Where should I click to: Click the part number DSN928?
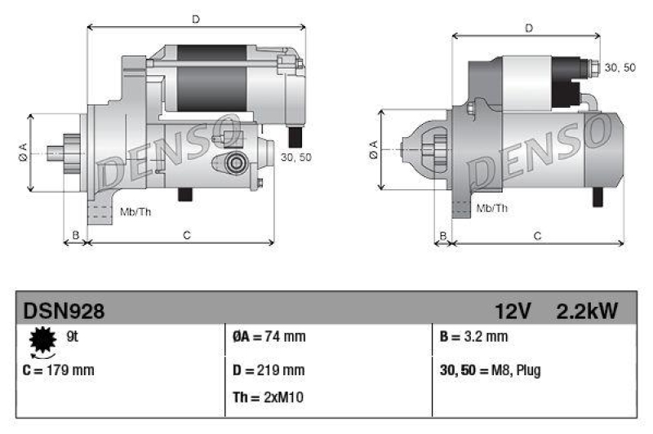click(64, 311)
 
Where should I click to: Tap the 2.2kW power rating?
click(587, 311)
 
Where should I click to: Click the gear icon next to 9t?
click(42, 339)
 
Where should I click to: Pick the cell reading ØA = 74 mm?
click(269, 336)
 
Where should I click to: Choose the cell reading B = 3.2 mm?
click(473, 336)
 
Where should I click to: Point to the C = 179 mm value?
click(60, 370)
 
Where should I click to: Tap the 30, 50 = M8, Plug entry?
click(490, 370)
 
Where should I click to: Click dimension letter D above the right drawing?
click(529, 29)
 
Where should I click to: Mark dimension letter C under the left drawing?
click(186, 236)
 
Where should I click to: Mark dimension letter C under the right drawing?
click(537, 236)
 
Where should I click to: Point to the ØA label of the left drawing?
click(23, 152)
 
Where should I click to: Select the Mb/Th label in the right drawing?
click(491, 208)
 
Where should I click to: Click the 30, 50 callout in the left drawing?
click(295, 157)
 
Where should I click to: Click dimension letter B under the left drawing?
click(75, 236)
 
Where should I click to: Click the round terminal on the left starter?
click(237, 162)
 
